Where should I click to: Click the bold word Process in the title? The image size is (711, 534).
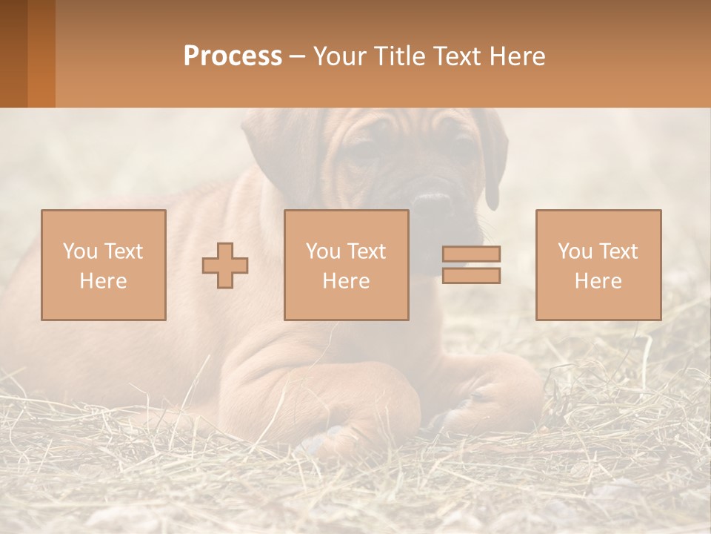tap(233, 56)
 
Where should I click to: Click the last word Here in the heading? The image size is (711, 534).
tap(518, 56)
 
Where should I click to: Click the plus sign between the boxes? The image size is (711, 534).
tap(225, 266)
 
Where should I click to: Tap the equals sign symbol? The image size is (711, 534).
tap(471, 265)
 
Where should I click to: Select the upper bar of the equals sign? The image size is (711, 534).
tap(471, 254)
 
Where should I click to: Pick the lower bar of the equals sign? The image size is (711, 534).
tap(471, 275)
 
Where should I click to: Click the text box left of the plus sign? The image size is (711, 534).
tap(104, 265)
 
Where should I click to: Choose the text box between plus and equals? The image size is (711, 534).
tap(346, 265)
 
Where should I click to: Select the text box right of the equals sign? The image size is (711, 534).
tap(598, 265)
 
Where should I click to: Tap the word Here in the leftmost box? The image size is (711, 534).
tap(104, 281)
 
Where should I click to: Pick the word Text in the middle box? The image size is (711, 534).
tap(365, 251)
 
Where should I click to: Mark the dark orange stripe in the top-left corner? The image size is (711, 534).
tap(41, 53)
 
